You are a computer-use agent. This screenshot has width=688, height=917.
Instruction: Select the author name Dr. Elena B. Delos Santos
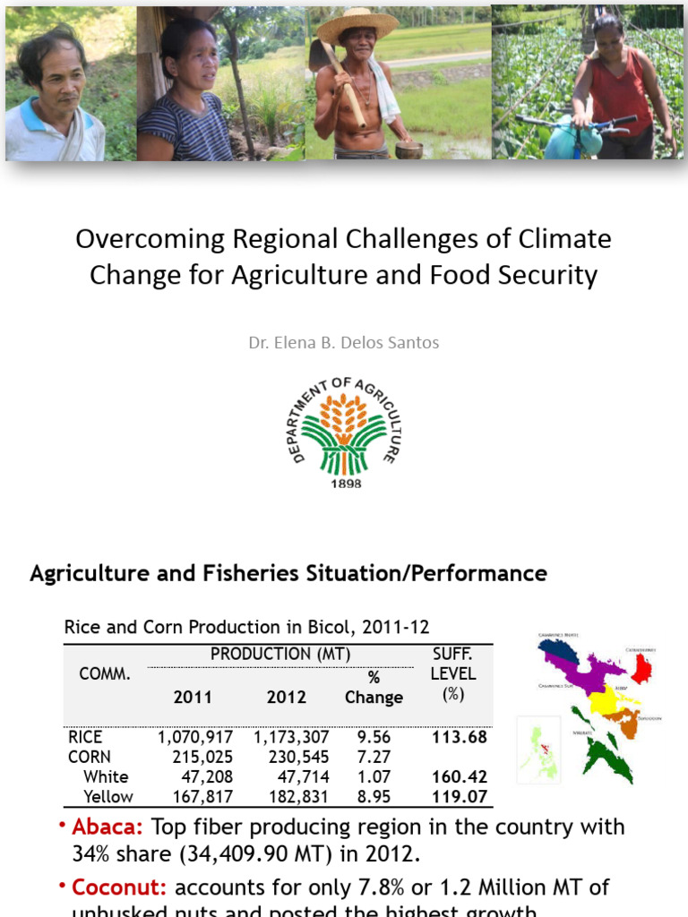tap(344, 342)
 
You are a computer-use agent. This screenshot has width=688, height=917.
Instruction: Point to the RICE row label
tap(85, 737)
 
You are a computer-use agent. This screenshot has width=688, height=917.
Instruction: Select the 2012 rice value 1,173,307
tap(291, 737)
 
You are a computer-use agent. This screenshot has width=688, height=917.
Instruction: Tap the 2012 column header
tap(287, 697)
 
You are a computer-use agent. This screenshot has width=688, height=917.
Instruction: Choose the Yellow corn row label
tap(107, 796)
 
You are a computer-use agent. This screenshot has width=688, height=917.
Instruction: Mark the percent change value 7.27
tap(374, 757)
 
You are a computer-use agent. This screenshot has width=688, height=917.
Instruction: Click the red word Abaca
tap(109, 827)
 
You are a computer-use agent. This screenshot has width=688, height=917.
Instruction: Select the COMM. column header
tap(105, 674)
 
